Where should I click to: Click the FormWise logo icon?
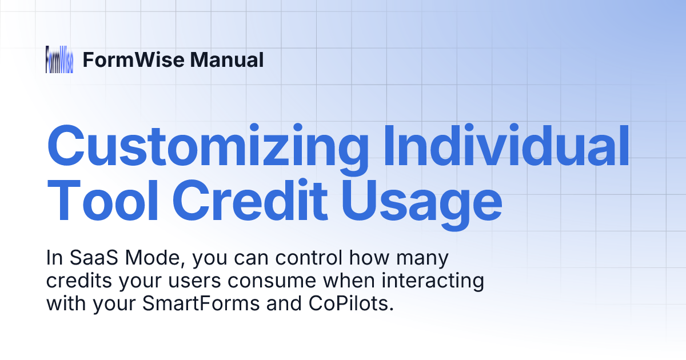pyautogui.click(x=59, y=59)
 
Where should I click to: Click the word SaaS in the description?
pyautogui.click(x=87, y=259)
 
